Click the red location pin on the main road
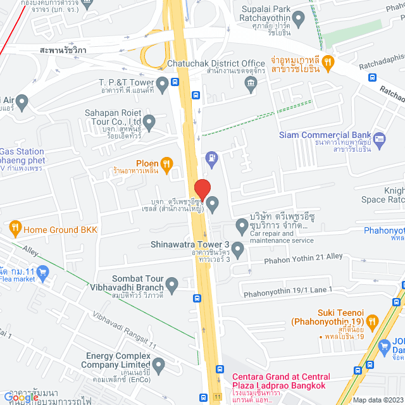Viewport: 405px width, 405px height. pos(202,189)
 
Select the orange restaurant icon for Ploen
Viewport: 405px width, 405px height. pos(166,163)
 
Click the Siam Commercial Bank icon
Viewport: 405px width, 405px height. pos(379,139)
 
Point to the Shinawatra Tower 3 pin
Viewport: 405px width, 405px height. pos(238,251)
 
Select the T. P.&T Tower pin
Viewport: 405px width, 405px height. pos(163,83)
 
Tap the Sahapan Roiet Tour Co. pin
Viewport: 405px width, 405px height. pos(149,121)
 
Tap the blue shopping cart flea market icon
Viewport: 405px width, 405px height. pos(43,272)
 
